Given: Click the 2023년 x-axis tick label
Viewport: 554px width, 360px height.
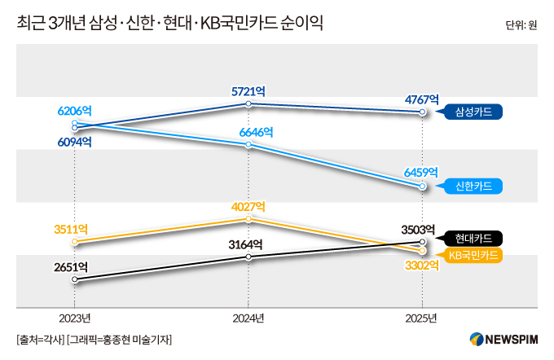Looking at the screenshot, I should click(x=74, y=317).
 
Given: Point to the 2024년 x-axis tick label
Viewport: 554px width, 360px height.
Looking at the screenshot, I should click(x=248, y=317).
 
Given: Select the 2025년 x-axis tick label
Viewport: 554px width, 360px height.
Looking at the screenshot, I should click(x=421, y=317).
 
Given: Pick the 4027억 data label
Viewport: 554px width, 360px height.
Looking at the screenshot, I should click(x=248, y=204).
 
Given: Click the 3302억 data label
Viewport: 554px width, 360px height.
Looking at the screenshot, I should click(x=421, y=266).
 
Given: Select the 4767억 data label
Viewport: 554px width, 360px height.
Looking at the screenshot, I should click(x=421, y=99).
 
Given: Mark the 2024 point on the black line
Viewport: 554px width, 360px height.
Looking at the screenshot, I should click(x=248, y=257).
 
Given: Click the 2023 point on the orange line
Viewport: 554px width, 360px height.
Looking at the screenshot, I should click(x=74, y=241).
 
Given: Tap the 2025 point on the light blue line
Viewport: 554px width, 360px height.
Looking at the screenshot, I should click(x=421, y=187).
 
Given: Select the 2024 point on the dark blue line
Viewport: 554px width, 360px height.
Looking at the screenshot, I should click(x=248, y=104).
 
